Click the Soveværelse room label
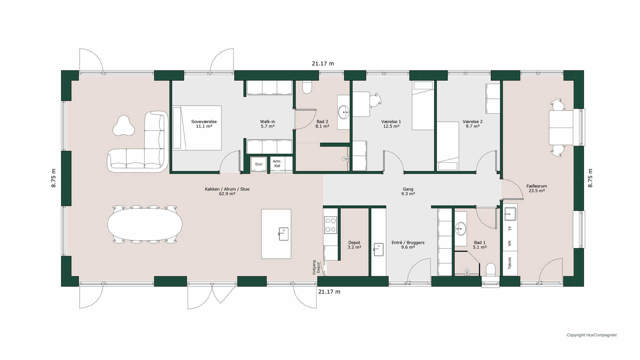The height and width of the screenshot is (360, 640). [204, 122]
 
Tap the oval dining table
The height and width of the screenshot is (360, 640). [145, 224]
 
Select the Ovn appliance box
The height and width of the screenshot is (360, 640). [259, 164]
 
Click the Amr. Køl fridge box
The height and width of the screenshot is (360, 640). [277, 164]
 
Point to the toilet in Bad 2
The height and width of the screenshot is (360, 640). [307, 87]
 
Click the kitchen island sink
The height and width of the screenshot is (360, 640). [283, 234]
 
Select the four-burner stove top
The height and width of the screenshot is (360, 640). [331, 225]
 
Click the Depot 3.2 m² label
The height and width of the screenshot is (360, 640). [354, 245]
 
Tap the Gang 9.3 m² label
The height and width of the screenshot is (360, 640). [408, 191]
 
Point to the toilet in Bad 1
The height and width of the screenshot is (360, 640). [491, 270]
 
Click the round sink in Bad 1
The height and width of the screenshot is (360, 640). [461, 228]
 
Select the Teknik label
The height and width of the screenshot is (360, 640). [510, 263]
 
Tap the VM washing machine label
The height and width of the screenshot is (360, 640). [510, 244]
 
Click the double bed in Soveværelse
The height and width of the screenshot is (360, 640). [197, 128]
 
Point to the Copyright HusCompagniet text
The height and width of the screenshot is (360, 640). [592, 335]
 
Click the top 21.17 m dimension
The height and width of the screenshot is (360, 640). [323, 63]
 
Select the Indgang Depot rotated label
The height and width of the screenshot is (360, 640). [316, 267]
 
